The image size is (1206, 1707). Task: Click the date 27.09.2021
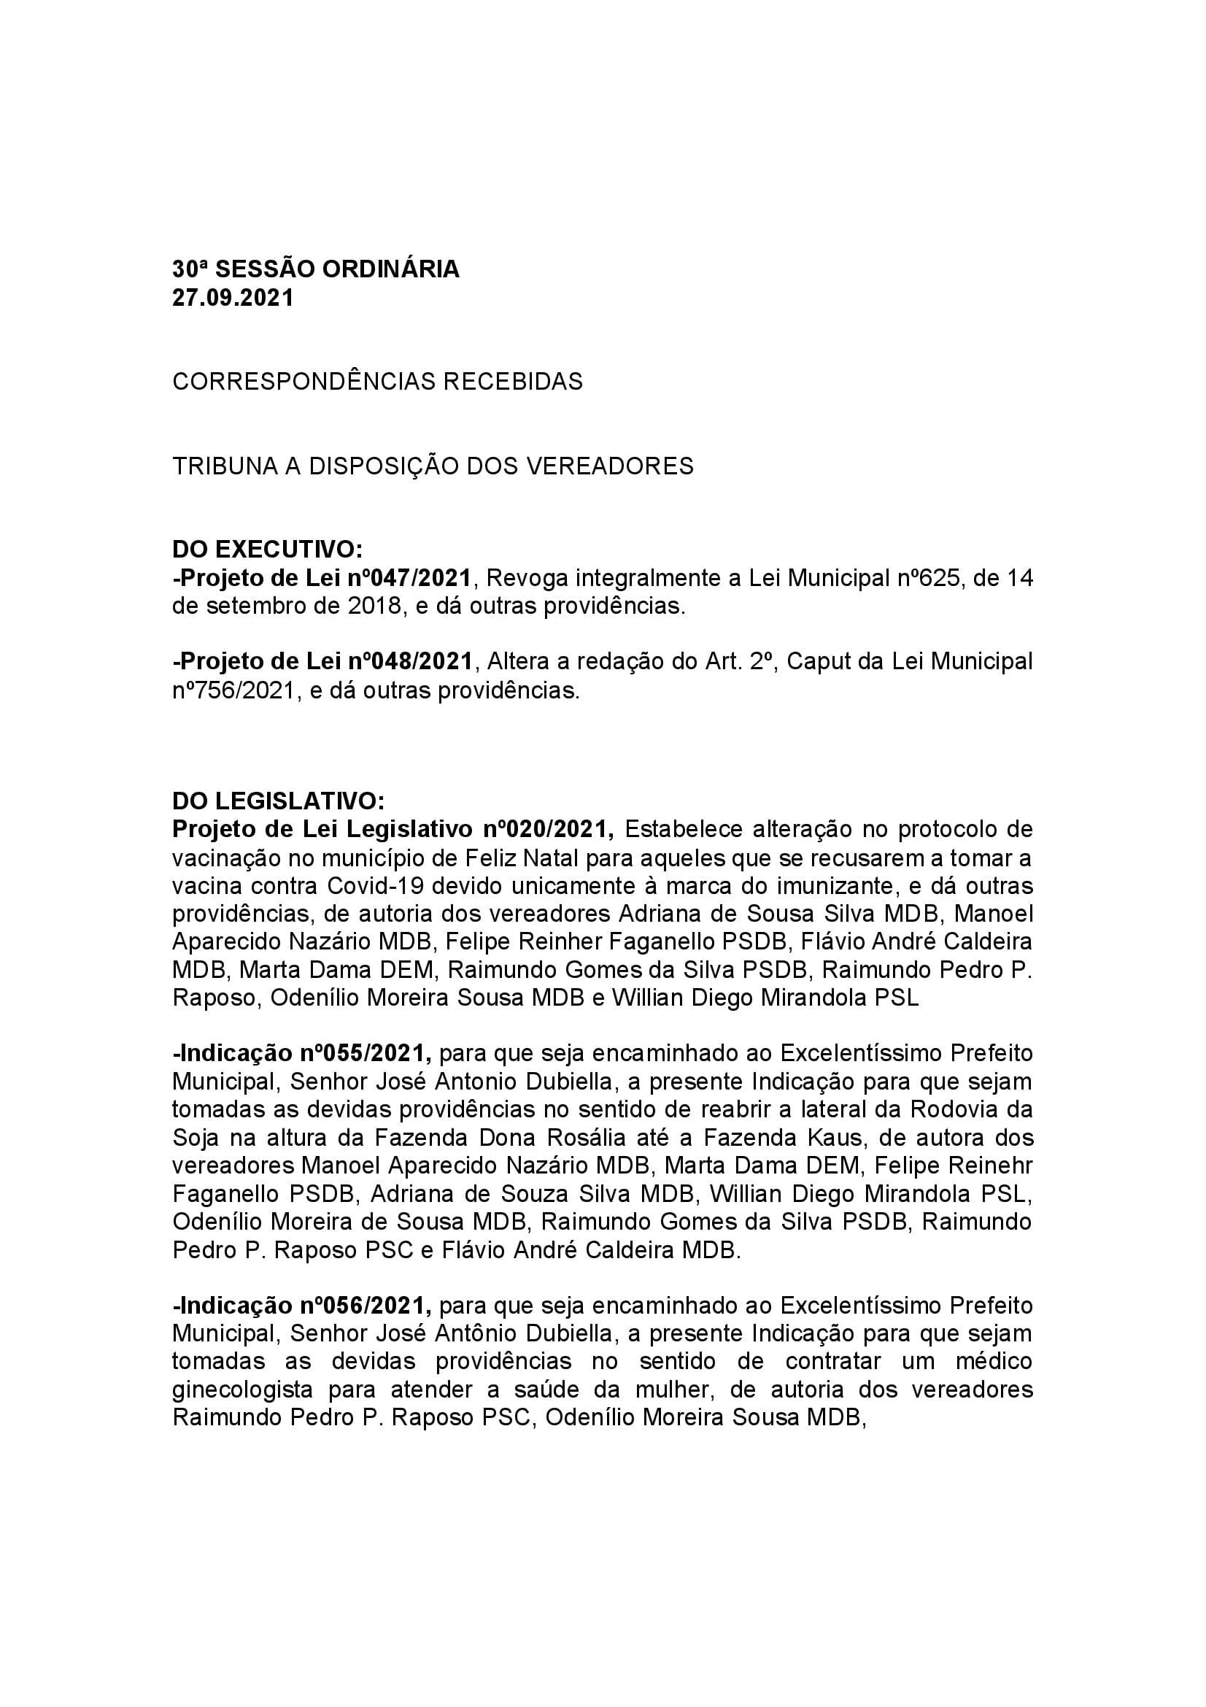pos(233,297)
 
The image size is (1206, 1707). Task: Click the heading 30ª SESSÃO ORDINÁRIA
pos(316,269)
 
